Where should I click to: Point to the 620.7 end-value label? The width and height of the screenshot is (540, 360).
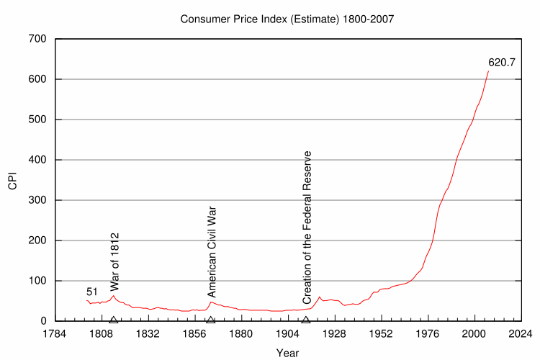(502, 63)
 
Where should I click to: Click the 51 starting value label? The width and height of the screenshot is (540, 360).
(92, 292)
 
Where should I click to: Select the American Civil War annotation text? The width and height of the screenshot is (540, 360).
(212, 251)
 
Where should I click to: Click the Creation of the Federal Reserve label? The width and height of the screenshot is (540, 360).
(307, 227)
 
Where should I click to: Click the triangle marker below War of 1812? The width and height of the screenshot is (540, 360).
(114, 319)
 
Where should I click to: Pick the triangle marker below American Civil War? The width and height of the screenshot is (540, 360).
(210, 319)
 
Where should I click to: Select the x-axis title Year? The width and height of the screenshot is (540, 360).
(287, 353)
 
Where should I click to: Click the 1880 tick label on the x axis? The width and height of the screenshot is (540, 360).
(241, 334)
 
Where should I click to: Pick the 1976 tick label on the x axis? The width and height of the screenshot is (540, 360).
(428, 334)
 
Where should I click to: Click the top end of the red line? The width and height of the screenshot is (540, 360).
(489, 71)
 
